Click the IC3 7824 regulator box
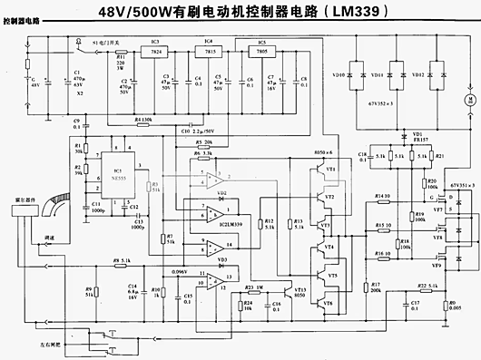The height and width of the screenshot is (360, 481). [x=155, y=54]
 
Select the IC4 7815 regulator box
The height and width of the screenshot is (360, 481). [x=210, y=54]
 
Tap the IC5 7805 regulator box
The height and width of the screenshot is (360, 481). [x=262, y=54]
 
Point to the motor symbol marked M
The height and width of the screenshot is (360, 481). [x=469, y=98]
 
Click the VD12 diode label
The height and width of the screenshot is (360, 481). [x=418, y=70]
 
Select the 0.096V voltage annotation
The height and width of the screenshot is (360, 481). [x=180, y=271]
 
